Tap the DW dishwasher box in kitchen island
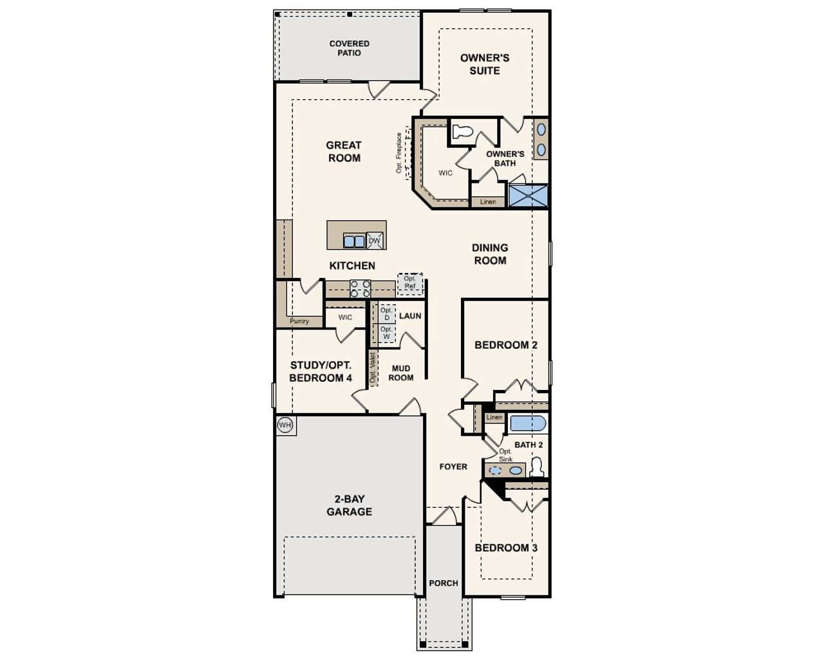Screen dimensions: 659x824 [375, 241]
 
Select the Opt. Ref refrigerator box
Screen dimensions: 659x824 [410, 283]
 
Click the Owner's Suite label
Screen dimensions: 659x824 [485, 64]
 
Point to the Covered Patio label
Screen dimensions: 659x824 [350, 48]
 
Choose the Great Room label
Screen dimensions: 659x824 [344, 152]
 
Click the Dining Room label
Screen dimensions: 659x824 [490, 254]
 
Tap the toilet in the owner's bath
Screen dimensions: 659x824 [462, 132]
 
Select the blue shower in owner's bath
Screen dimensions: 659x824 [528, 196]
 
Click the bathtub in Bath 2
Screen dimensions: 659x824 [528, 423]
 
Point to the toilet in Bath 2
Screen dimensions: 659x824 [536, 467]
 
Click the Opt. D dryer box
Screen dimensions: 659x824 [386, 314]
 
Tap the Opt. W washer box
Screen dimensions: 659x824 [386, 333]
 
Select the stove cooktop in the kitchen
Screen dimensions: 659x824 [360, 289]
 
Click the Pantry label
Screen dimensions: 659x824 [299, 321]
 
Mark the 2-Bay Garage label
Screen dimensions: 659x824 [349, 505]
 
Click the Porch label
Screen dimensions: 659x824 [444, 583]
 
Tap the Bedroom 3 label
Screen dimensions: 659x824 [506, 548]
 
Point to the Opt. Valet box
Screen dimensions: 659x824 [373, 368]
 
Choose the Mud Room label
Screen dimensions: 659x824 [400, 373]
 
